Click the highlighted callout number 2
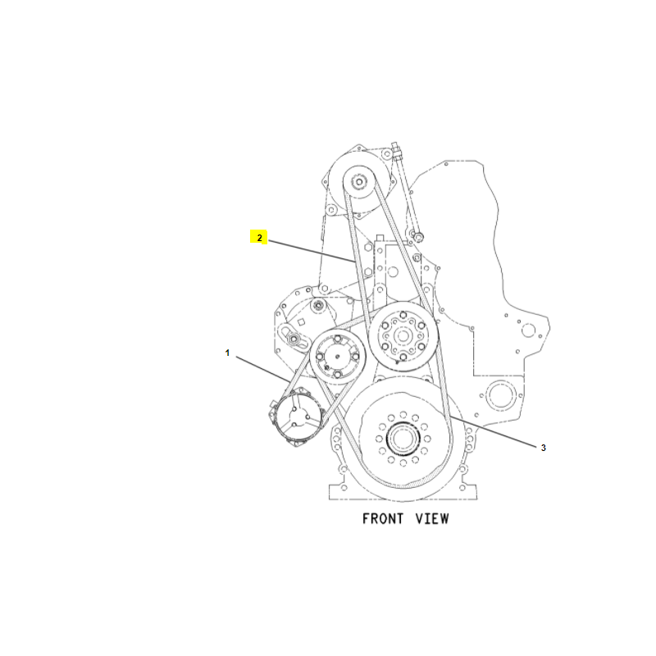[259, 238]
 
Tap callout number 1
[227, 353]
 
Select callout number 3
[543, 448]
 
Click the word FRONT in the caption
[382, 519]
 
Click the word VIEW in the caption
[432, 519]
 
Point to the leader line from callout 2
[312, 251]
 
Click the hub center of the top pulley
[359, 182]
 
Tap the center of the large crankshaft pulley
[403, 439]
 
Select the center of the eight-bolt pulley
[403, 335]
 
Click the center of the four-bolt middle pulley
[338, 357]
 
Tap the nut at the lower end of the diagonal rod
[418, 237]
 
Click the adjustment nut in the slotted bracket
[294, 339]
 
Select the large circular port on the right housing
[501, 396]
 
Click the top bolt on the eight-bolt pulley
[403, 315]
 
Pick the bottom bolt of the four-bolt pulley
[338, 374]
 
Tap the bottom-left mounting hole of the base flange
[344, 488]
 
